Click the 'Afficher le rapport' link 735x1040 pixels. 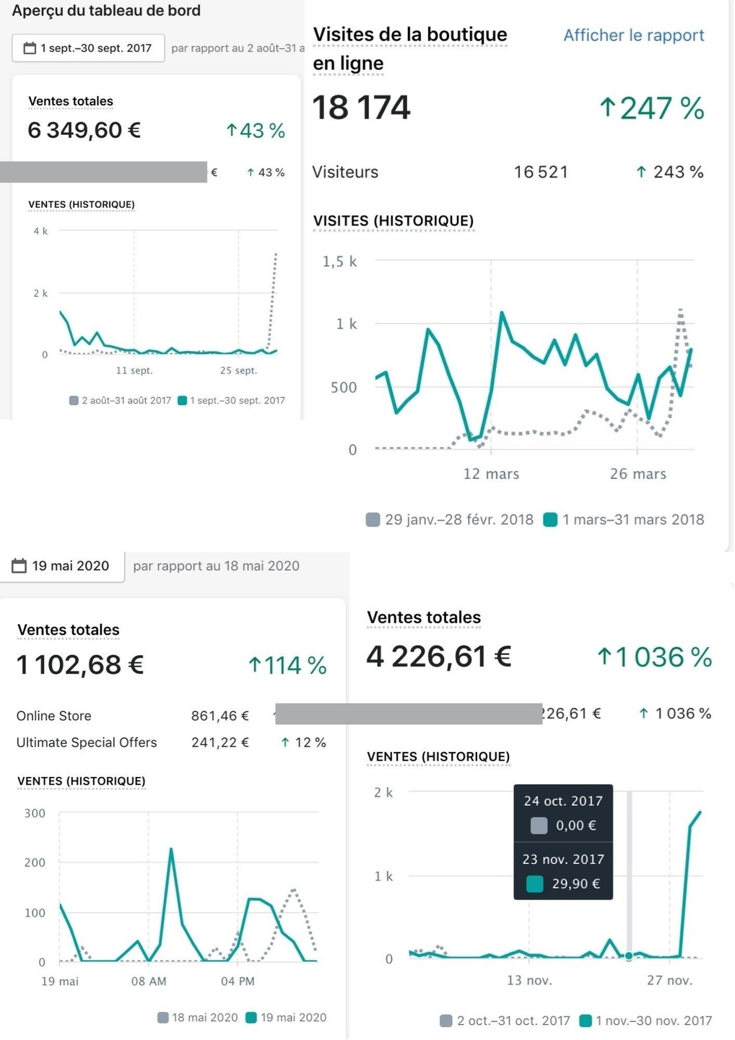[633, 35]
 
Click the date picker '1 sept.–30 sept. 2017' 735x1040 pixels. [88, 48]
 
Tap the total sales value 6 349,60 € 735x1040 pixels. [84, 130]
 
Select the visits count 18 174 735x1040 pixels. [361, 108]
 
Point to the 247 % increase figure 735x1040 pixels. [652, 108]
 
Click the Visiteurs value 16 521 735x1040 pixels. [541, 172]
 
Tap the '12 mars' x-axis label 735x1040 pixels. [491, 474]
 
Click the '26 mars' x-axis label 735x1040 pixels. [638, 474]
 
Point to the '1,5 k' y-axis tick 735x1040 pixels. [339, 261]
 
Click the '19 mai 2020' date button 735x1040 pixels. [61, 566]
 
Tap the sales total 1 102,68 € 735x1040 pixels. [80, 664]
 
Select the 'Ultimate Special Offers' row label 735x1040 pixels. [87, 742]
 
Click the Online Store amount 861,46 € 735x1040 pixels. [219, 716]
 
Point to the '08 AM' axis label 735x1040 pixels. [149, 981]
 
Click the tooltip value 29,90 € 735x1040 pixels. [575, 883]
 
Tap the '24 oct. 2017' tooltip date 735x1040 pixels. [563, 801]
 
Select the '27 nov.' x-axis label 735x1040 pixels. [669, 980]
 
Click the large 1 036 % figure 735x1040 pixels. [654, 656]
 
